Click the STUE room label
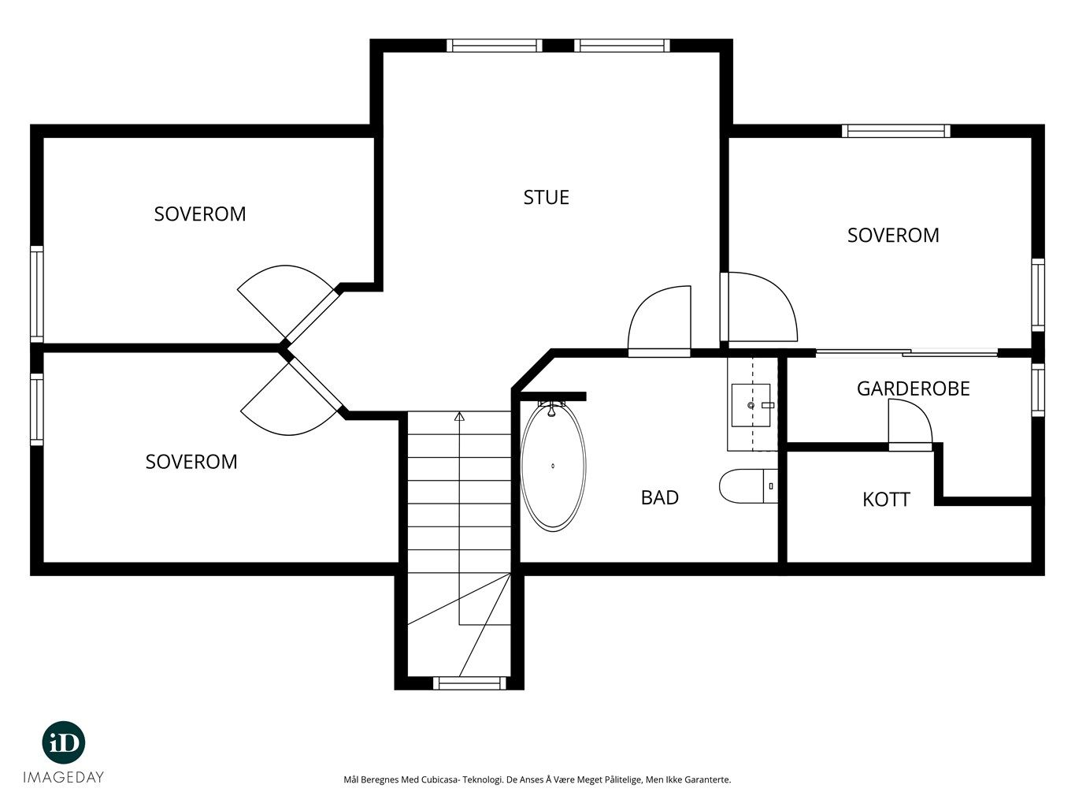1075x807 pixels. point(546,198)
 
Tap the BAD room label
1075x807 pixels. point(660,498)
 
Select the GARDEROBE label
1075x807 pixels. point(913,389)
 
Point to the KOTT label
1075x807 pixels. point(886,500)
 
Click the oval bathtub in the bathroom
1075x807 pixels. point(553,466)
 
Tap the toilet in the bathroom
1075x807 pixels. point(748,486)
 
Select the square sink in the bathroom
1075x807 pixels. point(751,405)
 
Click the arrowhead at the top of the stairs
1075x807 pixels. point(459,416)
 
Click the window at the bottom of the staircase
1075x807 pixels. point(469,682)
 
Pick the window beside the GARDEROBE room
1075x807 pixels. point(1038,390)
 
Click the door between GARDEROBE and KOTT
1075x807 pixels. point(910,424)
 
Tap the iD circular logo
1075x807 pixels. point(64,742)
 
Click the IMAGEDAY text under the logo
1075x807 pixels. point(64,777)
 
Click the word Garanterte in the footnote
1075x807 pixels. point(707,779)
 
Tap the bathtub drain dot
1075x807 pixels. point(553,466)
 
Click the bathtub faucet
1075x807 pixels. point(552,408)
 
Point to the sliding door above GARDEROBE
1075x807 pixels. point(906,352)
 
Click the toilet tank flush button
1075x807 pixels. point(771,486)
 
